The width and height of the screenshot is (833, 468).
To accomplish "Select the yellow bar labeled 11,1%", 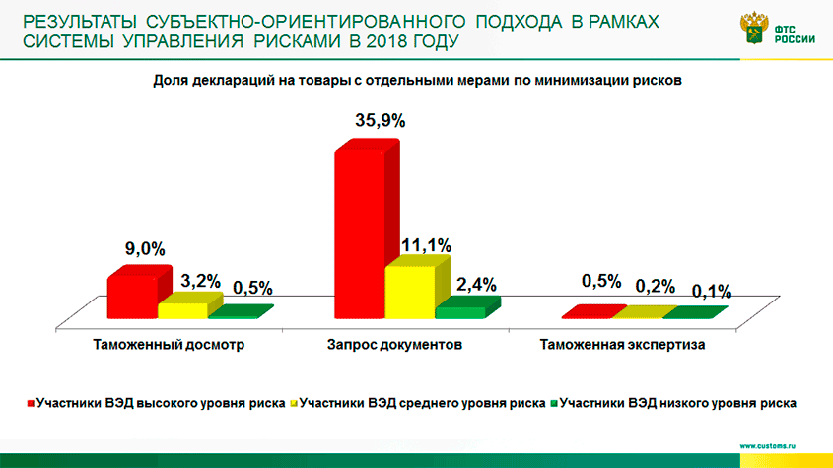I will [x=408, y=292].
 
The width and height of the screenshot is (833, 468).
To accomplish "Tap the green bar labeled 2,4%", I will [x=460, y=311].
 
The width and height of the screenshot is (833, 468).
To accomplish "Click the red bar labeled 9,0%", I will [x=132, y=296].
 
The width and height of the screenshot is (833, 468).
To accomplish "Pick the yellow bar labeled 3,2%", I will [x=182, y=309].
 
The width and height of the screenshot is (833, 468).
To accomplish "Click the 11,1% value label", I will [x=426, y=243].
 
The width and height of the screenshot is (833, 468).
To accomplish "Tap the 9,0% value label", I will [x=144, y=249].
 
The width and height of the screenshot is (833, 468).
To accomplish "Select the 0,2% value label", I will [x=656, y=286].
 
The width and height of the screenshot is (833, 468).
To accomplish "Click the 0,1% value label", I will [x=711, y=292].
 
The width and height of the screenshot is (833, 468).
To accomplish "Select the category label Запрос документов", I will [x=394, y=346].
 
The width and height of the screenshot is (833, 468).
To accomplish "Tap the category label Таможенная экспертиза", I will [x=623, y=346].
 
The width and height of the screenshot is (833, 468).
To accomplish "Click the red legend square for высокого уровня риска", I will [x=31, y=403].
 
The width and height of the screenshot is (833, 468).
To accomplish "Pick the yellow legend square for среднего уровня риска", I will [x=293, y=403].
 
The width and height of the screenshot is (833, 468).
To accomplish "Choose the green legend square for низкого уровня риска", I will [x=554, y=403].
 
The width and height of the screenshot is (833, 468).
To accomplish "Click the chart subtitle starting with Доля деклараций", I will [x=417, y=81].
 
